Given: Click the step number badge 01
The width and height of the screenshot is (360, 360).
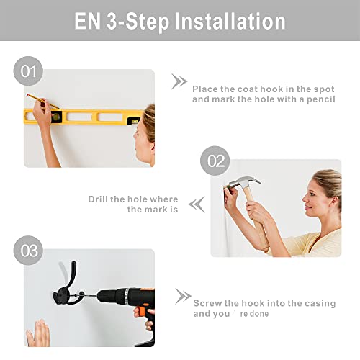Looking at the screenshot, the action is tap(28, 71).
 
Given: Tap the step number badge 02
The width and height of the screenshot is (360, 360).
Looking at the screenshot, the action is tap(215, 161).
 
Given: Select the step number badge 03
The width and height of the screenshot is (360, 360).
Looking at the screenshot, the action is tap(28, 251).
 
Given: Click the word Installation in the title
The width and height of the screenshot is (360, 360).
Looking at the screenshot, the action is tap(230, 22).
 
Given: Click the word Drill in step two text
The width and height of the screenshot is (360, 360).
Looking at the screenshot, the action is tap(98, 199).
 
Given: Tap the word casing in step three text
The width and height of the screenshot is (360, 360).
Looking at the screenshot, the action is tap(320, 304).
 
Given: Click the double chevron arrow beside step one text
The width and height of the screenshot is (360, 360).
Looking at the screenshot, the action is tap(179, 81).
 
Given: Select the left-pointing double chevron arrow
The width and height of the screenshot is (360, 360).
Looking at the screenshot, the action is tap(197, 204).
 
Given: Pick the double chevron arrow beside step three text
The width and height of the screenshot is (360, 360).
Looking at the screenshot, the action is tap(183, 297).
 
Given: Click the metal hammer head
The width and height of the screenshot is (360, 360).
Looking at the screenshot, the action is tap(243, 182).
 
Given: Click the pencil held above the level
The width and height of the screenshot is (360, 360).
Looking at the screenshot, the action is tap(42, 101).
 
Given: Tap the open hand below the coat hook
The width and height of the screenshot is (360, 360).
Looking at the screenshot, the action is tap(38, 333).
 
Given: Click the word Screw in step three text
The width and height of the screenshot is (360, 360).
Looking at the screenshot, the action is tap(207, 303).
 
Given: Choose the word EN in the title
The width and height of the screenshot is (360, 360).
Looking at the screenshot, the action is tap(87, 22).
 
